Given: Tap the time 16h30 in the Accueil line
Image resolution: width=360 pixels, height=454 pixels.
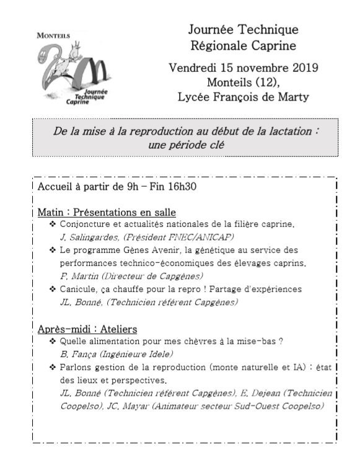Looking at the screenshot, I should [180, 186].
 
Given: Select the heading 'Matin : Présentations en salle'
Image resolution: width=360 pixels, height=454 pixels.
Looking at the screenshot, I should [107, 212].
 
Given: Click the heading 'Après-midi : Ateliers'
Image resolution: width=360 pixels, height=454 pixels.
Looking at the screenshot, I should [87, 328].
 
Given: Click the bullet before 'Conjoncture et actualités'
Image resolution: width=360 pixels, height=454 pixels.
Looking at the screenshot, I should [53, 224].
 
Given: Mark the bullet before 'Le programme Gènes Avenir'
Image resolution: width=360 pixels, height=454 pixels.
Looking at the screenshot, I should [53, 250].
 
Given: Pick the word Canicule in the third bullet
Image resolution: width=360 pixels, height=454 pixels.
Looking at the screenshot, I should [80, 289].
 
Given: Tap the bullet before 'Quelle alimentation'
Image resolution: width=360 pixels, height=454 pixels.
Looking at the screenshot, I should [53, 341].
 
